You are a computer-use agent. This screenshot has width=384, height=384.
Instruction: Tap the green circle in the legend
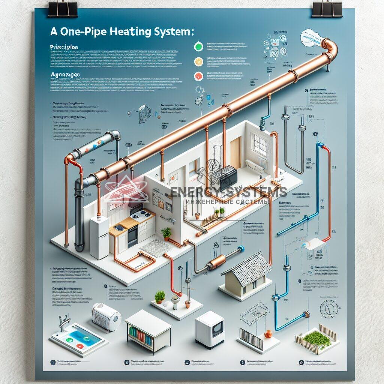click(198, 47)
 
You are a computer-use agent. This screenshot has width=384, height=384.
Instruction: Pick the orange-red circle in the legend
click(198, 76)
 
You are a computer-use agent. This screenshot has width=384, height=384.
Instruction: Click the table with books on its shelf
click(148, 330)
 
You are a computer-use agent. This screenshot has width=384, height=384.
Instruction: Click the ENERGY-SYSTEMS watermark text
click(229, 192)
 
